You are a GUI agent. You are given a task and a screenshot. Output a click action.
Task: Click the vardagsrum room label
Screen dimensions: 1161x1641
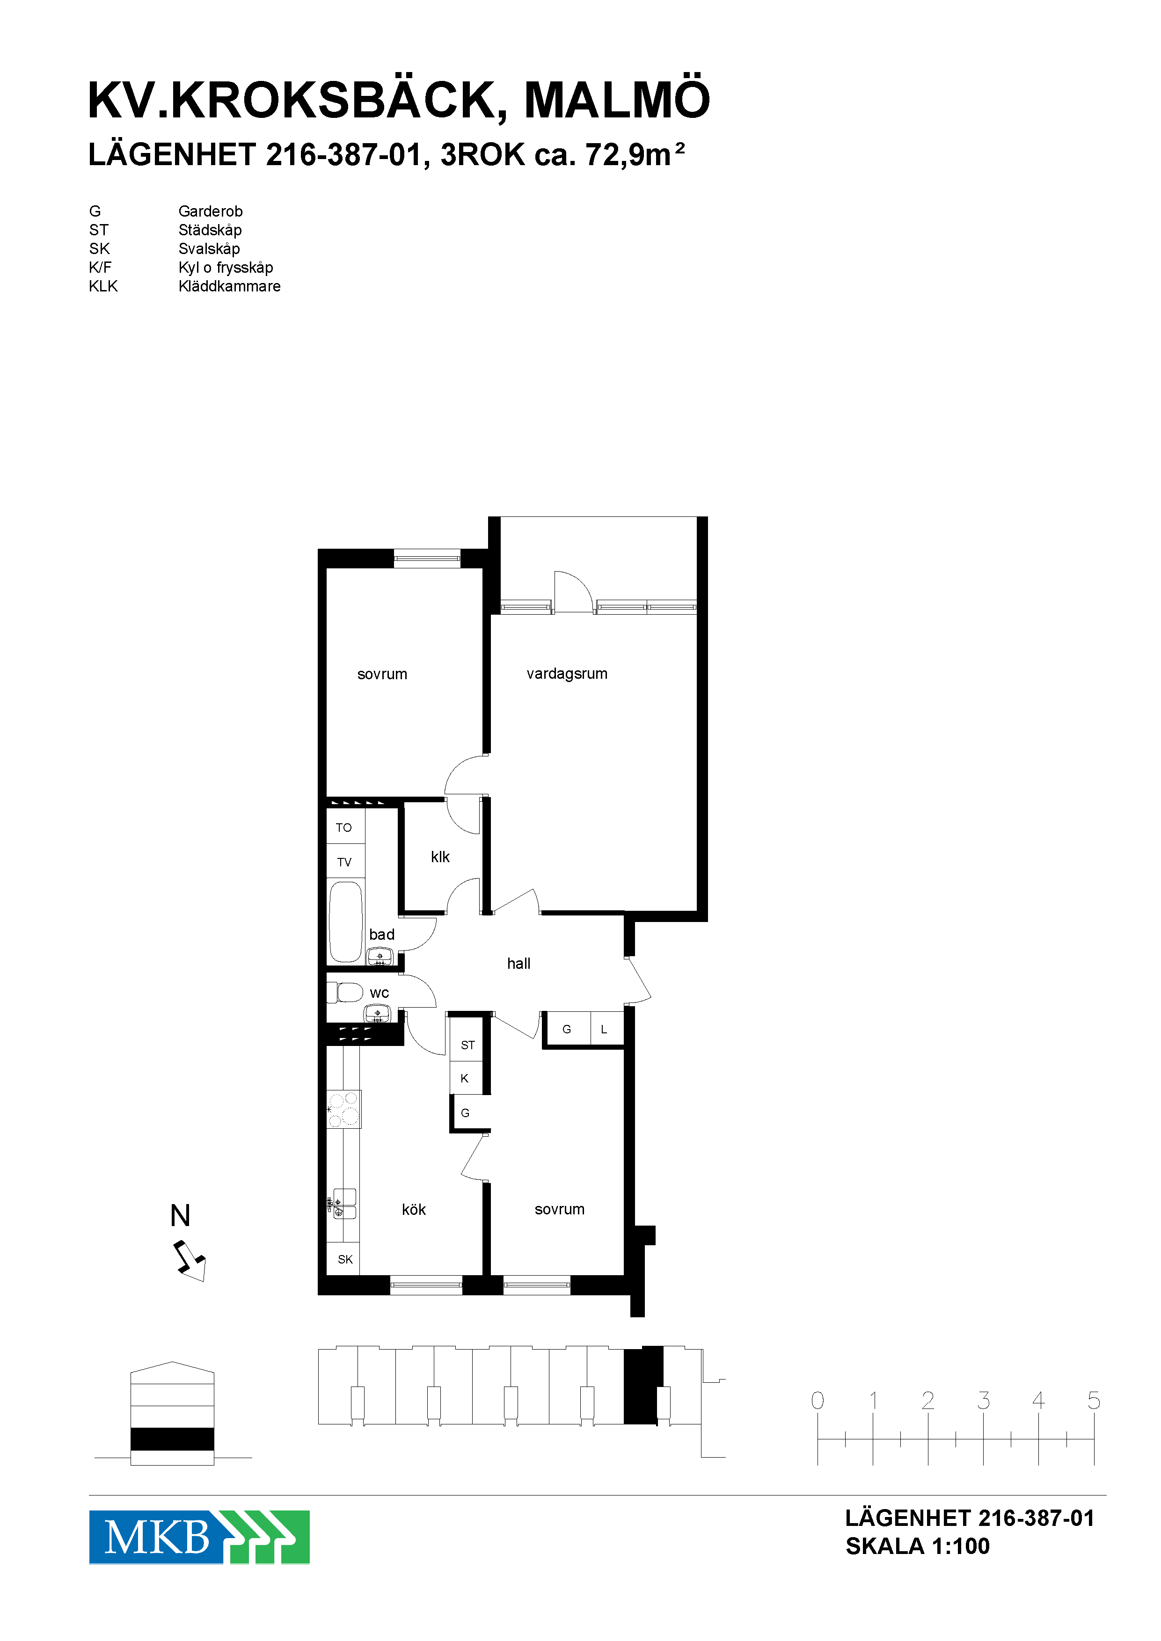coord(567,674)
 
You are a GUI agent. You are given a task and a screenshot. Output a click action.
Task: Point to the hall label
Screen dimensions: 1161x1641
coord(519,964)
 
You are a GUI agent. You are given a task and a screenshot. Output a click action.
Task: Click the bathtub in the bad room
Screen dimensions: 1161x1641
coord(346,922)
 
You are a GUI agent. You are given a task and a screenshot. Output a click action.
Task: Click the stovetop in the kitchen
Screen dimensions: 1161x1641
coord(344,1109)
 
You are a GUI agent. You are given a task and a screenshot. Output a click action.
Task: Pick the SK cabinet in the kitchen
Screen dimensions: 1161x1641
coord(344,1259)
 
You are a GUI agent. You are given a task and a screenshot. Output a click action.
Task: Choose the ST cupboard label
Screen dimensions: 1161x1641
coord(467,1045)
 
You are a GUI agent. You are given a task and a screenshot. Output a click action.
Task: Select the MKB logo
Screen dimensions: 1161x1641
coord(199,1537)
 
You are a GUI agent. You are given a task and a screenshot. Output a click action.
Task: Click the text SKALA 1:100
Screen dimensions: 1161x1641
coord(918,1546)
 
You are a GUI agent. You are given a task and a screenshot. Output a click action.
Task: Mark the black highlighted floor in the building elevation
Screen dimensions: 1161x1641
coord(172,1439)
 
